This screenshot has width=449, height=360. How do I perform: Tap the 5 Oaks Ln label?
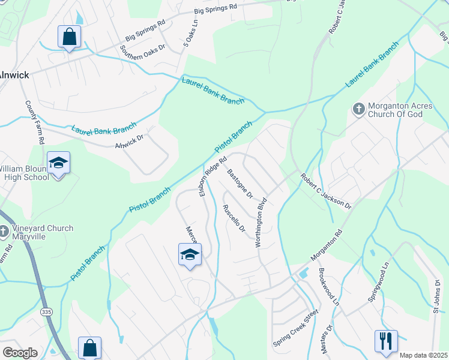(190, 37)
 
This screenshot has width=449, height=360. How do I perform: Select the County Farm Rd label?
(35, 122)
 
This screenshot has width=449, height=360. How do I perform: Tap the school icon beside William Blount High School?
(59, 163)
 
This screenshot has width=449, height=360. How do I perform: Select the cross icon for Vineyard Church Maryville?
(4, 231)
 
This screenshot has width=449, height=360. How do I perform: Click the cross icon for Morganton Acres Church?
(358, 109)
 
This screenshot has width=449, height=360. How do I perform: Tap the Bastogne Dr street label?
(240, 184)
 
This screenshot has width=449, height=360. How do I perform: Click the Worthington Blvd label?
(261, 224)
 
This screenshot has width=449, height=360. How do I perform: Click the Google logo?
(20, 353)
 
